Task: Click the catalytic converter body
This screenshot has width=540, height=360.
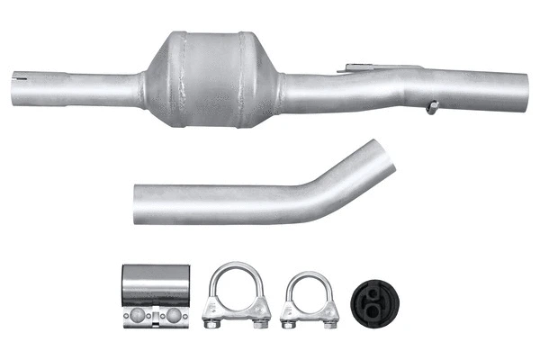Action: coord(211,79)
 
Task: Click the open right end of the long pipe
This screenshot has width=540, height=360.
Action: coord(524,88)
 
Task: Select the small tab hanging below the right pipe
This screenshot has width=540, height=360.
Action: coord(433,107)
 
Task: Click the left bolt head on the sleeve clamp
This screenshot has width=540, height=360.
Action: coord(137,315)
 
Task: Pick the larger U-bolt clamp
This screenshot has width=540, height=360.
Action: coord(237,297)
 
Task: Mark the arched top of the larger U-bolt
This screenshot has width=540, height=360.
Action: coord(237,266)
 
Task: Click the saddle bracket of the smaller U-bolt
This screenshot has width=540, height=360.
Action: coord(310,310)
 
